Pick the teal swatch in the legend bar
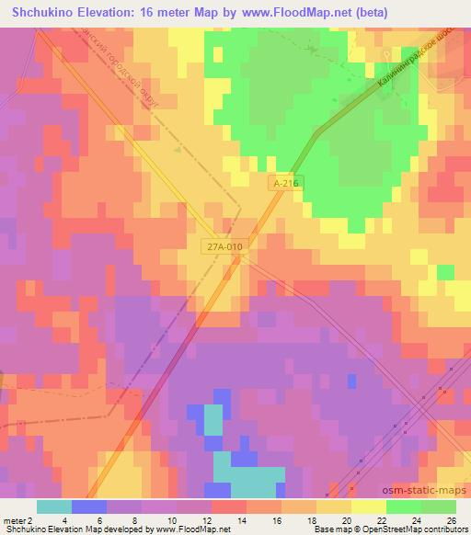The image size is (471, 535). coord(54,507)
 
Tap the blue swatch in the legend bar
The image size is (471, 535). coord(89,507)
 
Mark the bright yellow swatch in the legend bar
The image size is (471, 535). coord(369,507)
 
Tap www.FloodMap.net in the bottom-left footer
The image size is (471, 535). coord(194,529)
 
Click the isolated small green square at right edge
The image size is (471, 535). coord(445,271)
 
